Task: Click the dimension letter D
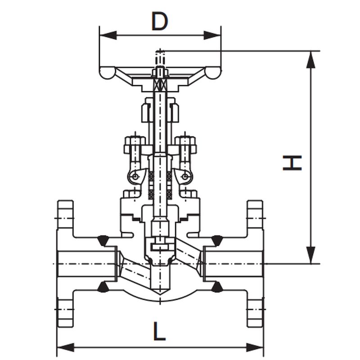tap(160, 21)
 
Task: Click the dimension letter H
tap(292, 163)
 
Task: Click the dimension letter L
tap(159, 331)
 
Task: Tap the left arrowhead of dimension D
tap(108, 36)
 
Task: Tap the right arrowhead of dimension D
tap(212, 36)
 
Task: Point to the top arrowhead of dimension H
tap(310, 60)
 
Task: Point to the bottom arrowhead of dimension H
tap(310, 255)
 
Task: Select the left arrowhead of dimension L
tap(65, 347)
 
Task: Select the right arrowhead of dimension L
tap(255, 347)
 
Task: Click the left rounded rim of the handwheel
tap(107, 73)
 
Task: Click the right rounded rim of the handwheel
tap(213, 73)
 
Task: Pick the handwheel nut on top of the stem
tap(160, 72)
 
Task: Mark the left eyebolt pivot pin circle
tap(135, 176)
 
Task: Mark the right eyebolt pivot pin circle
tap(185, 176)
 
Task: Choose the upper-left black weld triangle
tap(103, 240)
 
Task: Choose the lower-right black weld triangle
tap(217, 288)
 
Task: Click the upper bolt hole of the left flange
tap(65, 218)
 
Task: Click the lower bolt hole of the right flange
tap(255, 309)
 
